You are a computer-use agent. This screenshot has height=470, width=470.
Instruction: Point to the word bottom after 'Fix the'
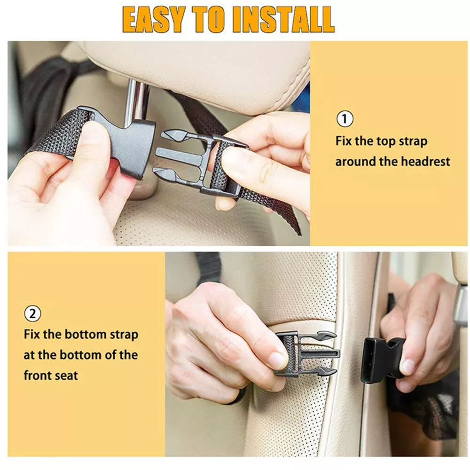(86, 335)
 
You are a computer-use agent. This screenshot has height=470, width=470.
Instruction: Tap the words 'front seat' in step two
(51, 375)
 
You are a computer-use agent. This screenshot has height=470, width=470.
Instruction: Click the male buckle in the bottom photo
(305, 353)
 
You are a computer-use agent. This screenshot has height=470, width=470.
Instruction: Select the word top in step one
(388, 141)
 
